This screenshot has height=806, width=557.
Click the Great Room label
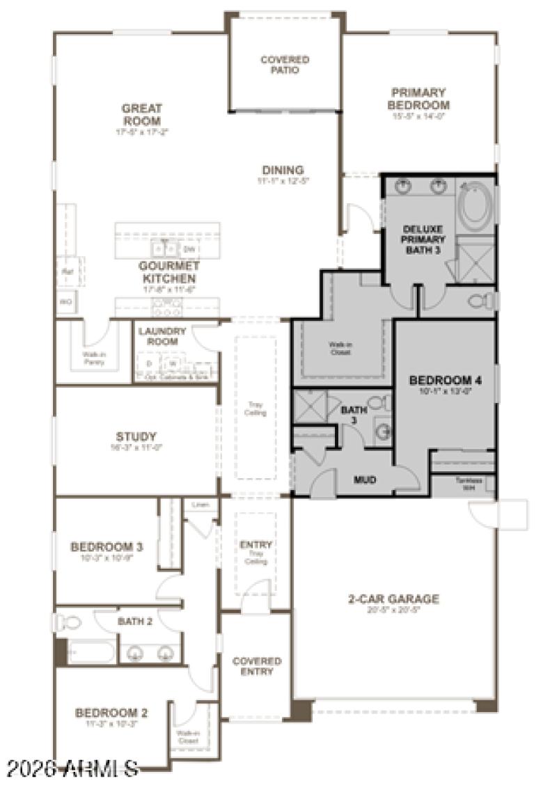click(141, 114)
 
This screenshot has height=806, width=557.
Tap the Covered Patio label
click(285, 65)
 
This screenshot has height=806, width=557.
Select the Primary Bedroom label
click(418, 99)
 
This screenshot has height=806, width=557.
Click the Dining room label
click(283, 171)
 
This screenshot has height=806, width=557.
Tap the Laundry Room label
click(162, 336)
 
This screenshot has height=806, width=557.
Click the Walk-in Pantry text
click(89, 358)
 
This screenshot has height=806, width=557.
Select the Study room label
click(136, 437)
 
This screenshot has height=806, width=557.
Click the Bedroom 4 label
click(446, 381)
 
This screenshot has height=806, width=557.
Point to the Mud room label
click(365, 480)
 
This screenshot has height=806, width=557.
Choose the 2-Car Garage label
click(394, 599)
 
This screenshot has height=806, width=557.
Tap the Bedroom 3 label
click(107, 547)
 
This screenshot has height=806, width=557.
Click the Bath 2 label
click(134, 621)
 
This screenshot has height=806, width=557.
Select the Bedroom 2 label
click(111, 713)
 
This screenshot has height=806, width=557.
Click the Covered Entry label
click(256, 666)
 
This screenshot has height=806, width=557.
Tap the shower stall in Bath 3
click(309, 406)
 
